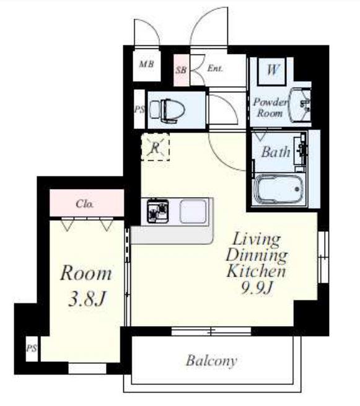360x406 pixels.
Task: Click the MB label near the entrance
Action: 146,64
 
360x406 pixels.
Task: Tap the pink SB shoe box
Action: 181,69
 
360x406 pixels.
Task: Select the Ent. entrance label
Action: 215,68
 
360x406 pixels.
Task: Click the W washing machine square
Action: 272,71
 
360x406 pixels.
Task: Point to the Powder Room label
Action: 270,108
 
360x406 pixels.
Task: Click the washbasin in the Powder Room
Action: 301,105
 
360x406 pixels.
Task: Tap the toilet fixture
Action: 168,110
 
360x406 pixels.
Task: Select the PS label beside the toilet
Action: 139,110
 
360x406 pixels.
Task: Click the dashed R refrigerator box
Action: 155,146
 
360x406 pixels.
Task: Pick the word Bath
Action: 276,152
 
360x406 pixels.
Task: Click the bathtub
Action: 279,189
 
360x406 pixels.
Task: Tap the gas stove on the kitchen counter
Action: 157,211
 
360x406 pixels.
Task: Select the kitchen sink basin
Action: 193,211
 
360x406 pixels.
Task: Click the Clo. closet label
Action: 85,204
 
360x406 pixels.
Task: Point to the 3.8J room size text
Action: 87,299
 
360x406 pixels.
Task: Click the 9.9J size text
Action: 257,287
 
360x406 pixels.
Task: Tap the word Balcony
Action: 211,361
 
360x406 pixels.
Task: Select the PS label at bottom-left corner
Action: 32,348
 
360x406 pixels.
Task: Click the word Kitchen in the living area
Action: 256,271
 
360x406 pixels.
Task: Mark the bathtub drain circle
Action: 297,189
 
